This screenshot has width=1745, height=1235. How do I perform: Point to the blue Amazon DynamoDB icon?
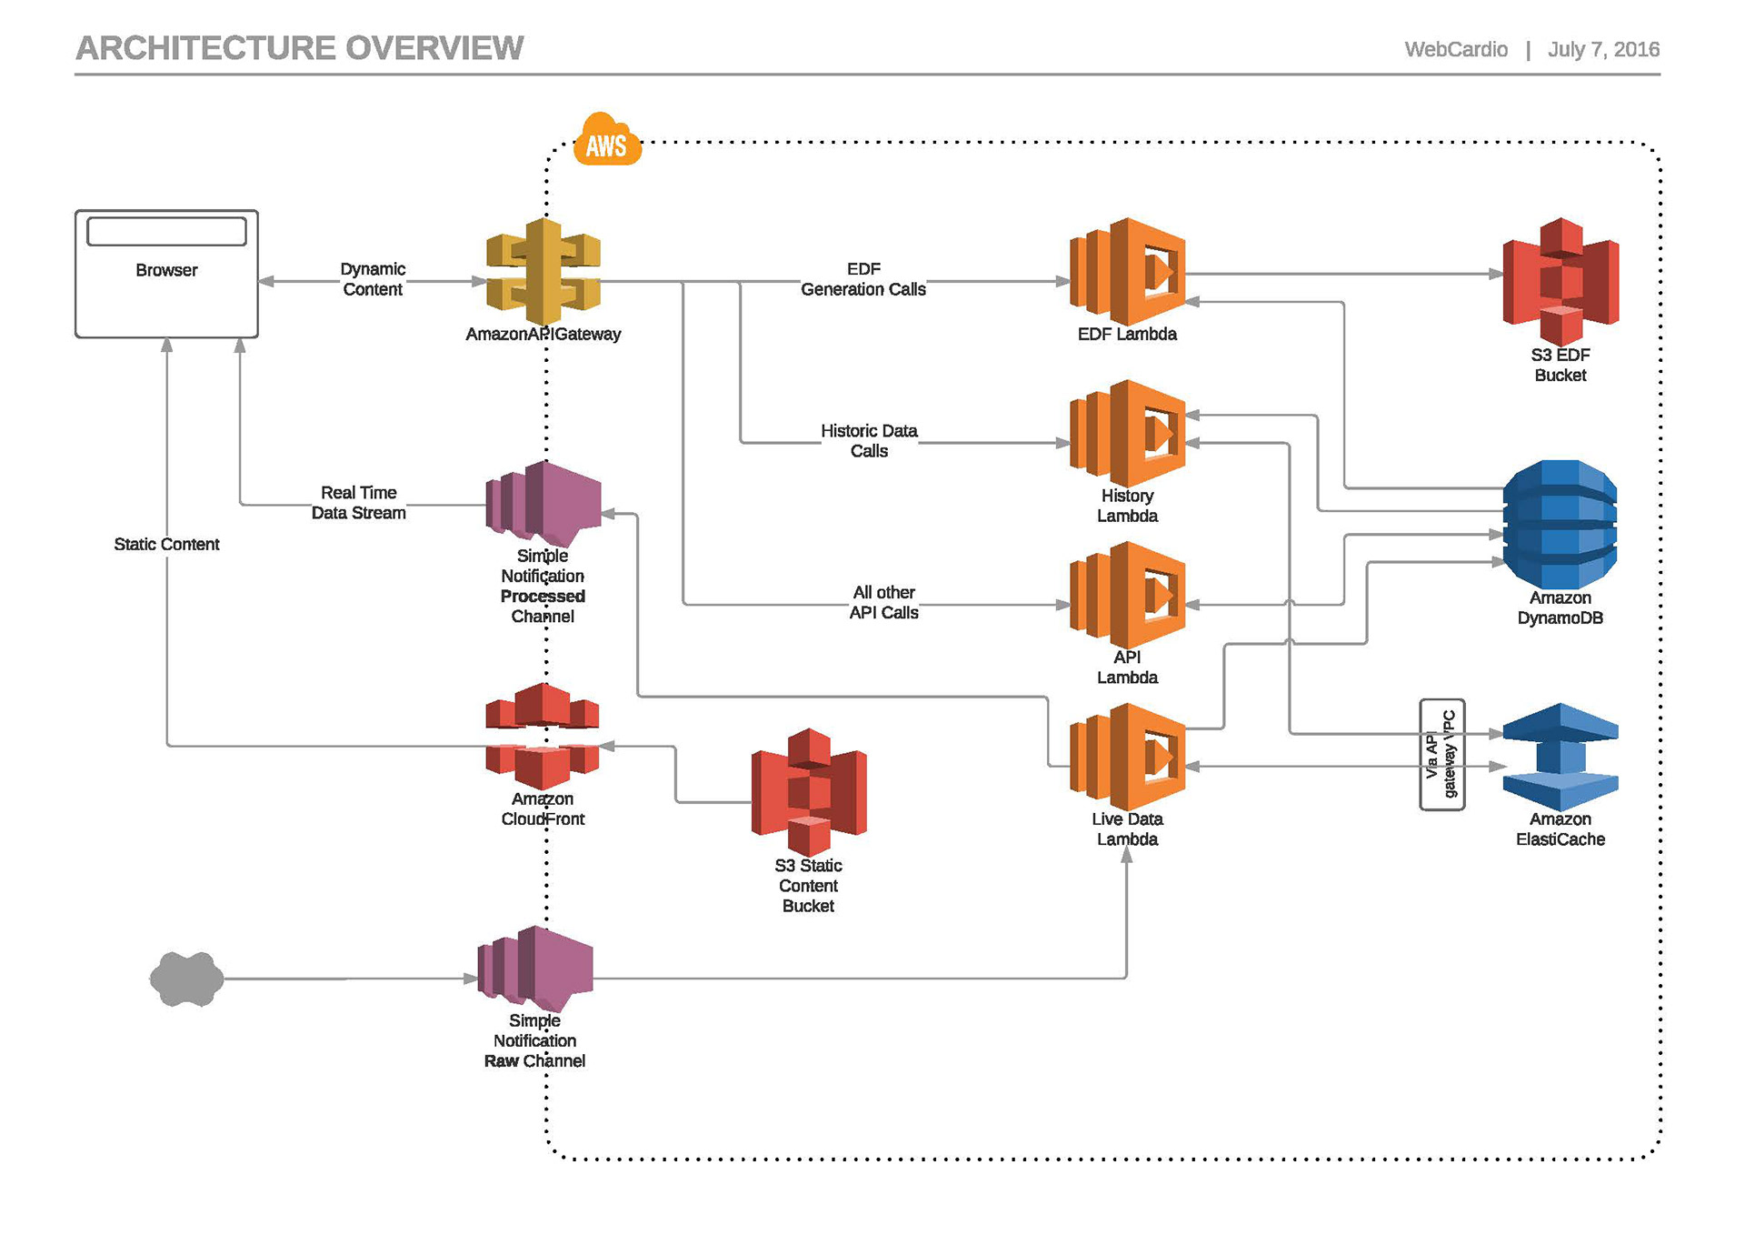1560,524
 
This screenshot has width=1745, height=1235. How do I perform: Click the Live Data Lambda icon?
1128,756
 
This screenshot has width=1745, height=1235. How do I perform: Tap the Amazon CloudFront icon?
543,736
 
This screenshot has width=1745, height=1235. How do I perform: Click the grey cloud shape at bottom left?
187,979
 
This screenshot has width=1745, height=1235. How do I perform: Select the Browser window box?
166,274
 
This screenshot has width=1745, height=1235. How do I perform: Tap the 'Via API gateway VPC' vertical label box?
1441,754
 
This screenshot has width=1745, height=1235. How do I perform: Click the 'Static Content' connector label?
166,544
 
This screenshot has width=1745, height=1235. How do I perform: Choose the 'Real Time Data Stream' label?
359,503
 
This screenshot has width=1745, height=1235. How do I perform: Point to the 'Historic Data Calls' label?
869,441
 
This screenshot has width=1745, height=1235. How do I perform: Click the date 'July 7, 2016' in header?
1603,49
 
